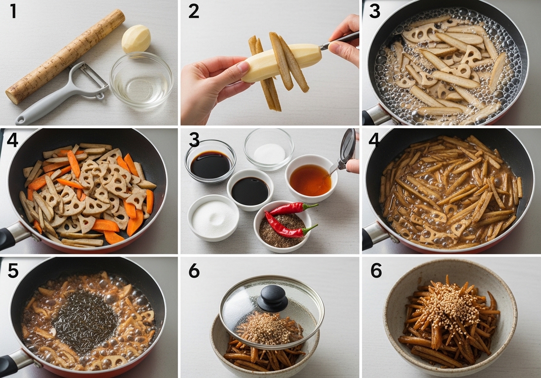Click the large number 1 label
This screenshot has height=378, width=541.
[x=13, y=11]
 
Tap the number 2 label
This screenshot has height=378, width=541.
[x=194, y=11]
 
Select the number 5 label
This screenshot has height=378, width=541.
[x=13, y=270]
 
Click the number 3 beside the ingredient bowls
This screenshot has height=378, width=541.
[x=194, y=140]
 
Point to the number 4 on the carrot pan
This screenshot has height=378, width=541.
[x=13, y=140]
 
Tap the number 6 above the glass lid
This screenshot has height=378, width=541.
[x=194, y=270]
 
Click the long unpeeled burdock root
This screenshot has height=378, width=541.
[x=65, y=57]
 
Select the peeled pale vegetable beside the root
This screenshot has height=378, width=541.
[x=136, y=40]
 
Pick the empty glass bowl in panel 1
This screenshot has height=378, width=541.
[x=142, y=80]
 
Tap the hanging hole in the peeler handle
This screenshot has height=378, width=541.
[x=21, y=120]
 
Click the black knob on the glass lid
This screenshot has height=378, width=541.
[x=273, y=298]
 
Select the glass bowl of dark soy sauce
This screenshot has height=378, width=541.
[x=210, y=161]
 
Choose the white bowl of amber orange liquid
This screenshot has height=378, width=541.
[x=311, y=178]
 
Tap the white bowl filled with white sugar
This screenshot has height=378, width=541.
[x=213, y=218]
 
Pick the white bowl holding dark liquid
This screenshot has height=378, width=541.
[x=250, y=190]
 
